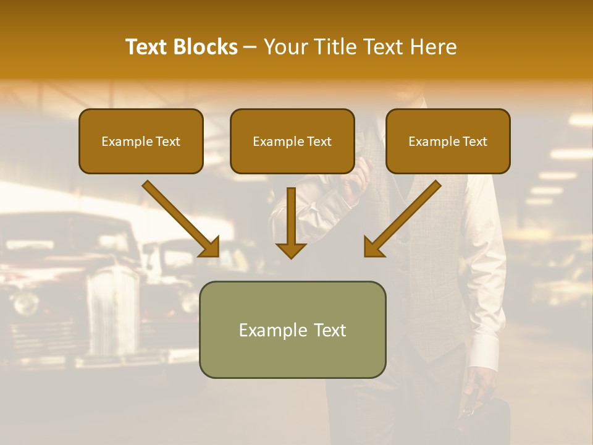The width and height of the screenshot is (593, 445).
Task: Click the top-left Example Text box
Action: coord(141,141)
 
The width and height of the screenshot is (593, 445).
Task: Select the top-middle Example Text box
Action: coord(292,141)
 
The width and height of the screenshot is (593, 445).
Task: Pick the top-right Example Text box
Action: coord(448,141)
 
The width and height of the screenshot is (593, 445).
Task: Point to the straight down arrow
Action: coord(291,222)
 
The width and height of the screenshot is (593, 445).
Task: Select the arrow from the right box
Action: coord(402,219)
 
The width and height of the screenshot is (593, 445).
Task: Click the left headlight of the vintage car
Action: coord(27,303)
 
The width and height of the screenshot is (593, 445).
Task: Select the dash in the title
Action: coord(250,47)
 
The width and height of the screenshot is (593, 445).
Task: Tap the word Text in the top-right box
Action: coord(474,141)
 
